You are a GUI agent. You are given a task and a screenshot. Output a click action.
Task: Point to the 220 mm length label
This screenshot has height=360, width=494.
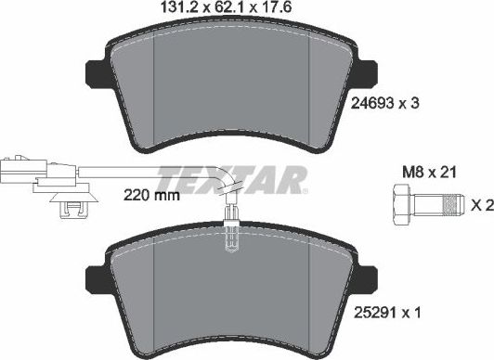(150, 197)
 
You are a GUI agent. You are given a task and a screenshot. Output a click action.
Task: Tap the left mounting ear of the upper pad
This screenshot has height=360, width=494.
(97, 71)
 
